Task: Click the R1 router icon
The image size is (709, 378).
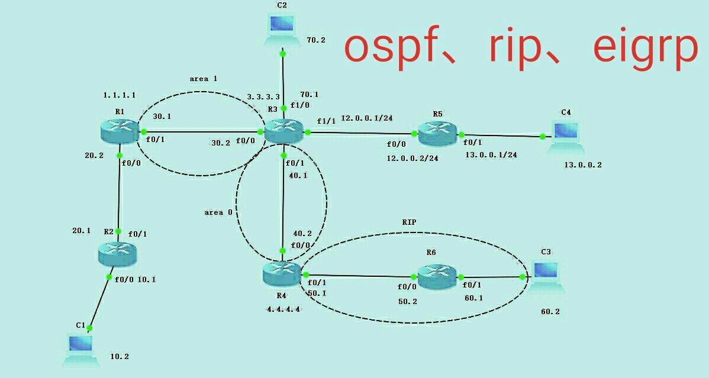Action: (121, 131)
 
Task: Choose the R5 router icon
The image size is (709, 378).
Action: (437, 134)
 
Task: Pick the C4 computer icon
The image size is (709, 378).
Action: (565, 136)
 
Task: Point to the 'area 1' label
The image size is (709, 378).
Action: (204, 79)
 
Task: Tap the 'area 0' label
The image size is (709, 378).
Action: (214, 212)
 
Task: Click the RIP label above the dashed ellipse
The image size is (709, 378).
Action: (409, 223)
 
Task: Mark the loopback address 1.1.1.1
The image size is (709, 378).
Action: (118, 95)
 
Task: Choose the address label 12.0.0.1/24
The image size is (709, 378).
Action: (366, 118)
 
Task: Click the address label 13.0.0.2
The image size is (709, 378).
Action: (583, 165)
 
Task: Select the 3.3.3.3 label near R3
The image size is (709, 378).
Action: (263, 96)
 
